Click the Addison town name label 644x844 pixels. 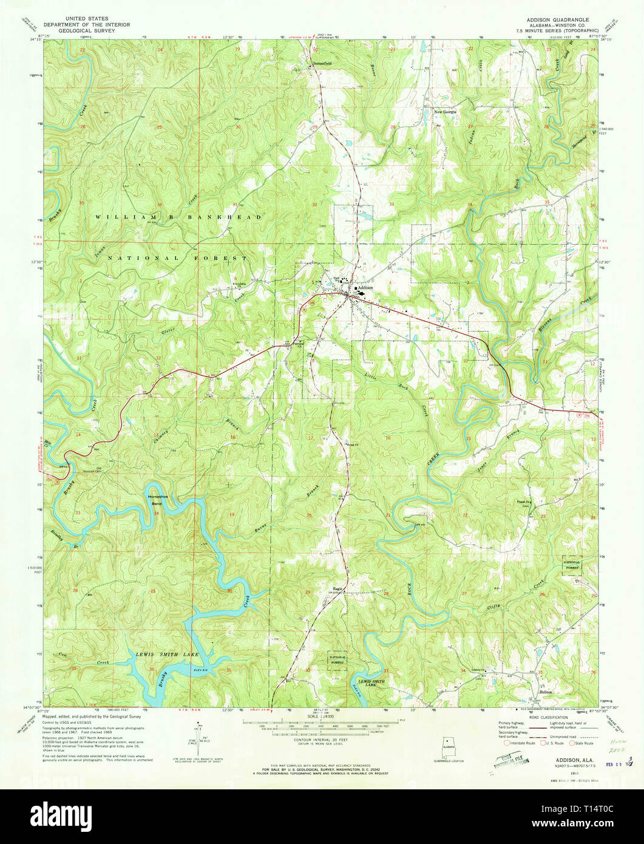(365, 288)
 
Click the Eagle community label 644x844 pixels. (338, 588)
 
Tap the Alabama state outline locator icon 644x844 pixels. (449, 744)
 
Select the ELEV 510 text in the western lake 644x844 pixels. (198, 669)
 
